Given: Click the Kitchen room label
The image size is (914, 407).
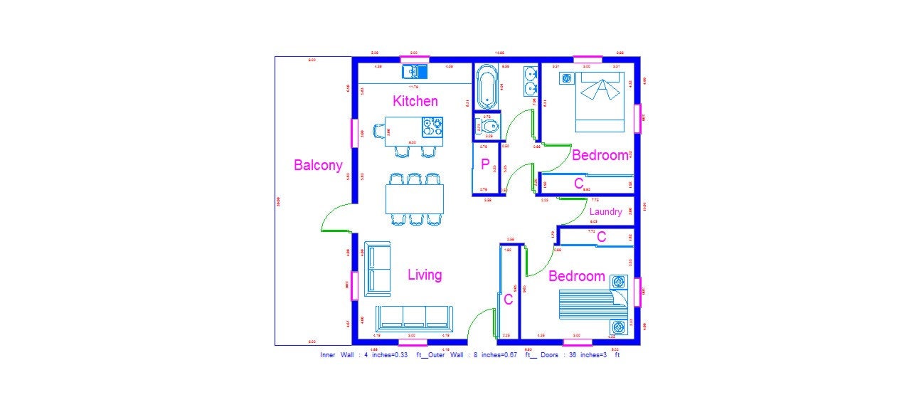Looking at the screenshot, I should pyautogui.click(x=415, y=101).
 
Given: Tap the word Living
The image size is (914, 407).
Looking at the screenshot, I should pyautogui.click(x=425, y=275).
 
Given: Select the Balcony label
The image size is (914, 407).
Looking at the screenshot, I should pyautogui.click(x=318, y=165).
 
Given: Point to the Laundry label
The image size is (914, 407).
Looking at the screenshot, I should pyautogui.click(x=605, y=211).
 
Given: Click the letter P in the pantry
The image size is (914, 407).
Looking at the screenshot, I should pyautogui.click(x=485, y=165).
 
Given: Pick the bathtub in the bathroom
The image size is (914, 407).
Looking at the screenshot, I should pyautogui.click(x=487, y=86).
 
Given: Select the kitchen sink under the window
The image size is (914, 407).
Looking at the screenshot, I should pyautogui.click(x=413, y=71).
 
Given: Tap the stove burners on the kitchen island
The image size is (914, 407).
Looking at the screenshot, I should pyautogui.click(x=432, y=126).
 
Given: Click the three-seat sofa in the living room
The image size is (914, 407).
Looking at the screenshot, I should pyautogui.click(x=413, y=317).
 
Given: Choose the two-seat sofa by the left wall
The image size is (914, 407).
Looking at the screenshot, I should pyautogui.click(x=377, y=269).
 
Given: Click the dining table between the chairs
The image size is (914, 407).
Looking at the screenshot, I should pyautogui.click(x=415, y=199).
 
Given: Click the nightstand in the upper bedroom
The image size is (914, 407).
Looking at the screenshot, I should pyautogui.click(x=568, y=79).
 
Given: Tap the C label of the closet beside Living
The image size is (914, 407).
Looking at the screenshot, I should pyautogui.click(x=508, y=300).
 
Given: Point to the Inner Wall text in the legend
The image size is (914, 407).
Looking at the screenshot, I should pyautogui.click(x=337, y=354).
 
